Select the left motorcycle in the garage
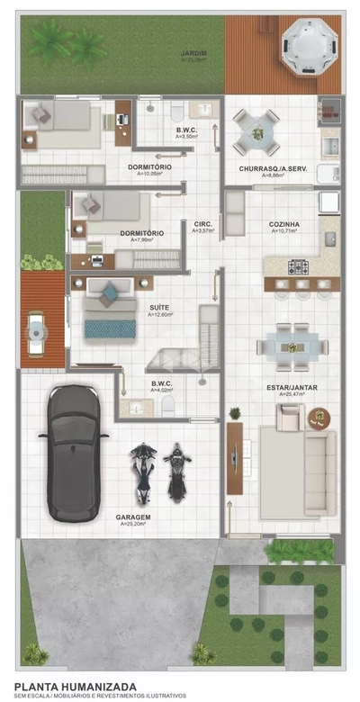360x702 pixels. point(141,472)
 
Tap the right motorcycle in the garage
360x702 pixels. point(176,472)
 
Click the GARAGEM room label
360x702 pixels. point(132,517)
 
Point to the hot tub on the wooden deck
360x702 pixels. point(307,45)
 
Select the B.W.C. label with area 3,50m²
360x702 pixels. point(186,131)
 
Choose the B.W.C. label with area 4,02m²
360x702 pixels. point(163,384)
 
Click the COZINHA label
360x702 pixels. point(283,224)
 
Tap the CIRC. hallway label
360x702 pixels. point(203,224)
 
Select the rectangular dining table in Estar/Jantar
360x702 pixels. point(292,344)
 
